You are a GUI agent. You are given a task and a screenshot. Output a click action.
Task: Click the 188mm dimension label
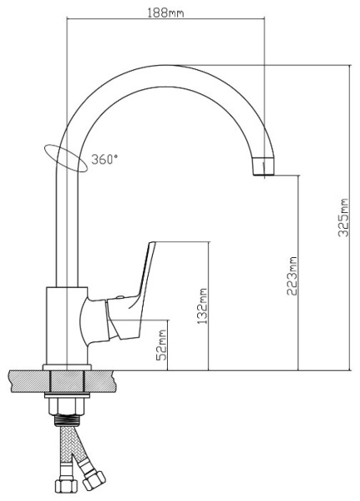point(165,13)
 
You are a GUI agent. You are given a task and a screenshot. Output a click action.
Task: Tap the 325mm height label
point(343,218)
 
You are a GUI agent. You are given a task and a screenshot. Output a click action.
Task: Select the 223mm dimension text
point(292,276)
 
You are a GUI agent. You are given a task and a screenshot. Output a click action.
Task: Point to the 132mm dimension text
point(202,306)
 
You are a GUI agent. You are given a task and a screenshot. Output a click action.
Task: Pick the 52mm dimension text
point(161,345)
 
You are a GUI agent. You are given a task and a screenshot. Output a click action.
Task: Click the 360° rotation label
point(104,159)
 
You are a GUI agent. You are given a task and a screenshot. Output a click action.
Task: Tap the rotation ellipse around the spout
point(65,159)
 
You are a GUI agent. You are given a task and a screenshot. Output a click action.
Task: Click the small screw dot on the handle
point(120,297)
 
